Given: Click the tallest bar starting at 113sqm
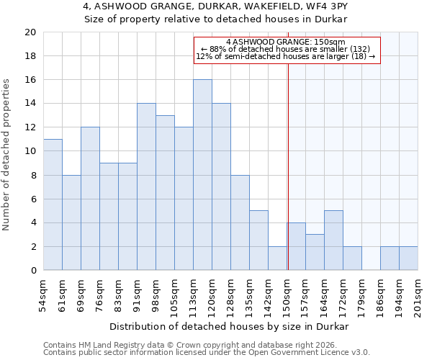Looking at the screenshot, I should pos(202,175).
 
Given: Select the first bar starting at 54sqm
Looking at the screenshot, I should pos(53,204).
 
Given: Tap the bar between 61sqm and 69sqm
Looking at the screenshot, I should pos(71,222).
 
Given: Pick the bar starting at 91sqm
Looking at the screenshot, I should pos(146,186).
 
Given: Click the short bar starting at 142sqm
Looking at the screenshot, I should pos(277,258).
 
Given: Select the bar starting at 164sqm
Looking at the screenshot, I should pos(333,240).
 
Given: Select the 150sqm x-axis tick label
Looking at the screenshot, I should pos(287,294).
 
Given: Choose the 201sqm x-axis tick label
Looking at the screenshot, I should pos(418,294).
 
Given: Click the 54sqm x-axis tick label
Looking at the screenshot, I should pos(44,294).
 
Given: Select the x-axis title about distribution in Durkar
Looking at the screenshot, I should pos(230,326).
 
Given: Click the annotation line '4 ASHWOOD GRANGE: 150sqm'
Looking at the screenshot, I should pos(286,42).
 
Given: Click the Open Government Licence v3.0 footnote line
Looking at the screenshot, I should pos(207,352).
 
